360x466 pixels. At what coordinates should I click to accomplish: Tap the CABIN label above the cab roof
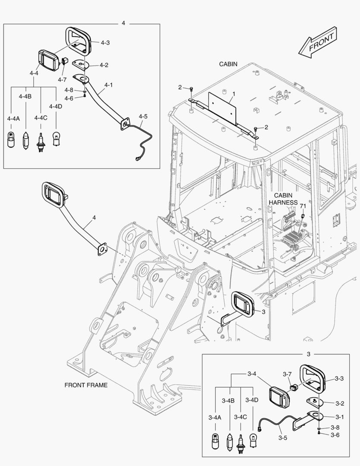coord(228,64)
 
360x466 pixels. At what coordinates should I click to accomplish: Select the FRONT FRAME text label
coord(86,385)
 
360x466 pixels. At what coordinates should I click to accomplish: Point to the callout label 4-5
coord(143,116)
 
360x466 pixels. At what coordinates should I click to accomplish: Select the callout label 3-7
coord(288,374)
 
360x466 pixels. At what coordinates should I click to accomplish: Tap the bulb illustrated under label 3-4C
coord(241,442)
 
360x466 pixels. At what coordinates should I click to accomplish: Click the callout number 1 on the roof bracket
coord(234,94)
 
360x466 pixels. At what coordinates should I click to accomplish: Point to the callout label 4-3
coord(105,43)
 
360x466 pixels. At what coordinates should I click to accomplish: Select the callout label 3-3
coord(339,379)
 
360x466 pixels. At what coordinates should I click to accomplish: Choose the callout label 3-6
coord(335,435)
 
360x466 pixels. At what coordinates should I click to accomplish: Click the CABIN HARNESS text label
coord(283,199)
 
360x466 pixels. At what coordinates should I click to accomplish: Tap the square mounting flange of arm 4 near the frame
coord(102,249)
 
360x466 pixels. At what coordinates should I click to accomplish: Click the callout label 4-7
coord(62,79)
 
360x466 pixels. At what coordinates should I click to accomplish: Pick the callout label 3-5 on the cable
coord(283,438)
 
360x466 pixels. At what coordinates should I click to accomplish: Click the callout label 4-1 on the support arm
coord(108,85)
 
